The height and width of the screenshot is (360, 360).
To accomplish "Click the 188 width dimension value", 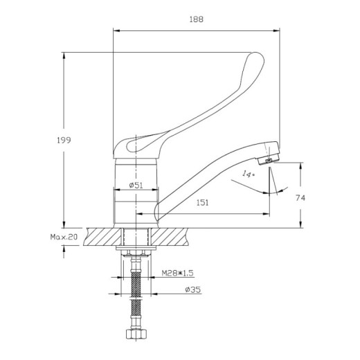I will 196,20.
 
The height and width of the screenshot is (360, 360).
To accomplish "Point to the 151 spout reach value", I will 203,202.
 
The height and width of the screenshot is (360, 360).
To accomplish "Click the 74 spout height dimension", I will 300,197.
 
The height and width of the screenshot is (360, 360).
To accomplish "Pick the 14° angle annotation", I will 249,174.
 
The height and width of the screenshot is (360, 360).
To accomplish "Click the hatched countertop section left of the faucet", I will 101,237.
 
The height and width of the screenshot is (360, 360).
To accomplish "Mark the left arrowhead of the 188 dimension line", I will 116,30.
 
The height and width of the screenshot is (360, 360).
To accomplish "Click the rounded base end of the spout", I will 159,211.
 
